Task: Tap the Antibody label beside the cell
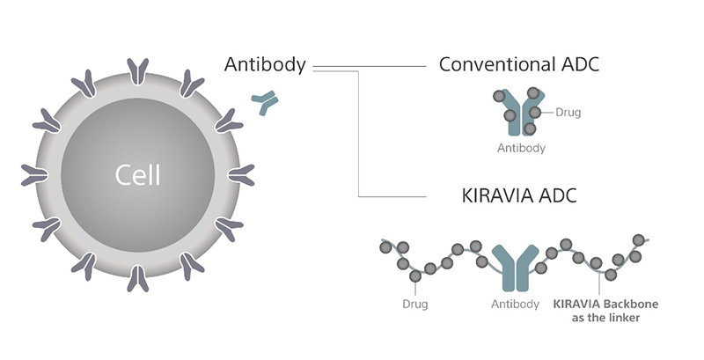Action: [x=265, y=64]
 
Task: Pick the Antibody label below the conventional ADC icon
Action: [x=521, y=148]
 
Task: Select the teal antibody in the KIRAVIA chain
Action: [x=515, y=265]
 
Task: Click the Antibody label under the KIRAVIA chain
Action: [x=515, y=305]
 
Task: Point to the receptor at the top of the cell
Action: [x=138, y=70]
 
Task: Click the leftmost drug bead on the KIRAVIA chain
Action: [x=385, y=247]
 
